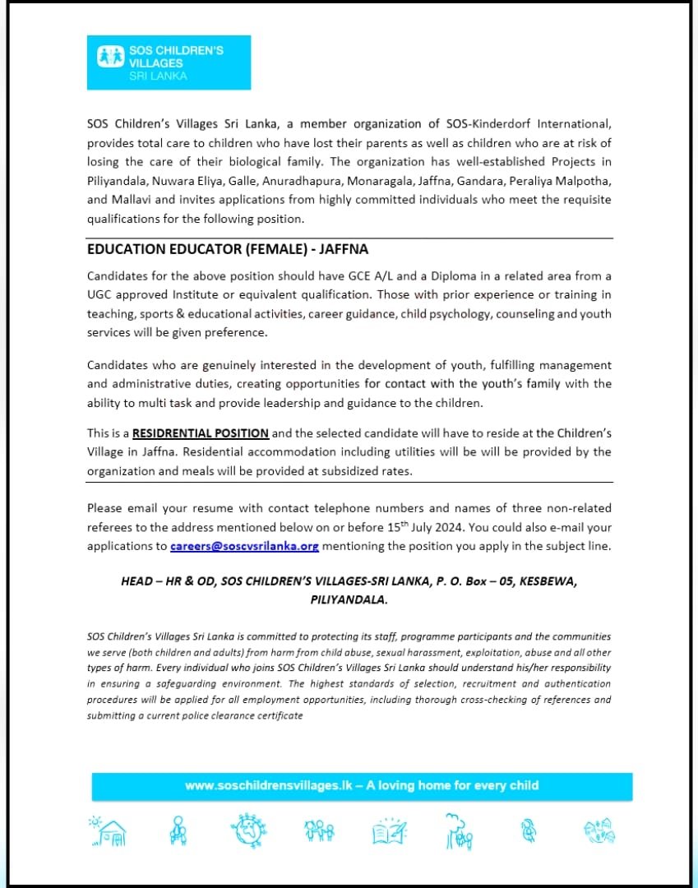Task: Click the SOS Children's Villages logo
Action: (169, 62)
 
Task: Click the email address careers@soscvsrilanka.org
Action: (244, 546)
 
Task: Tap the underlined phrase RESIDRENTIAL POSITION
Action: (201, 433)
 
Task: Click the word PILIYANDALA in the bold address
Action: (349, 600)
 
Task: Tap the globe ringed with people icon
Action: (245, 831)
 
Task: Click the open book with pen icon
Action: (389, 831)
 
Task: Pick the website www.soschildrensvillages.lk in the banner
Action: (268, 786)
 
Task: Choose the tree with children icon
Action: (459, 830)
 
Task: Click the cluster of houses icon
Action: (599, 831)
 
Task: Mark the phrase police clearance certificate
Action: (243, 715)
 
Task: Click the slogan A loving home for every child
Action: (452, 786)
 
